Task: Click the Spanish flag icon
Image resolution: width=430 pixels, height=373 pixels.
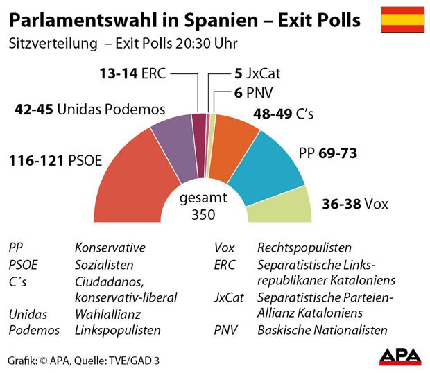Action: pos(402,20)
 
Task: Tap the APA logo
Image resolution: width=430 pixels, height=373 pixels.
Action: pos(400,355)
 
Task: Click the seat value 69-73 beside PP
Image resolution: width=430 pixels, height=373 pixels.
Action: pos(338,153)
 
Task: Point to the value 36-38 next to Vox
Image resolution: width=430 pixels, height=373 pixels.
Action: pos(342,204)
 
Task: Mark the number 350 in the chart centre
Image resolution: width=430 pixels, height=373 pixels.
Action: pos(203,214)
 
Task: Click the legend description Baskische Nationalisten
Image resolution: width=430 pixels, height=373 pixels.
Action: pos(322,331)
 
